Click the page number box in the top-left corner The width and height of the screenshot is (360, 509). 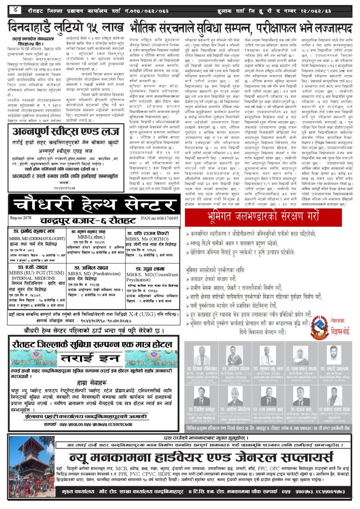point(16,8)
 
